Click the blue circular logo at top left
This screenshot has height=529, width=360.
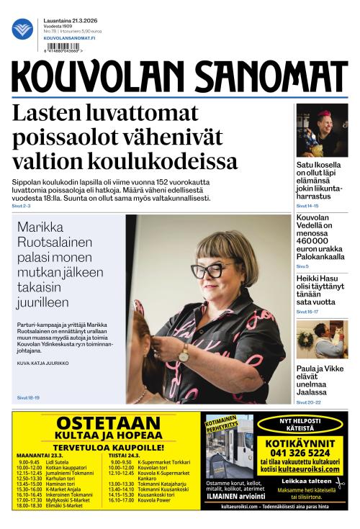pyautogui.click(x=22, y=30)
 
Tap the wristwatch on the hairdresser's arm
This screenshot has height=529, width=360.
pyautogui.click(x=184, y=353)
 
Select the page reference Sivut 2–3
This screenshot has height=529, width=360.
pyautogui.click(x=22, y=206)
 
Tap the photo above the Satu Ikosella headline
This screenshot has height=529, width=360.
pyautogui.click(x=322, y=130)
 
